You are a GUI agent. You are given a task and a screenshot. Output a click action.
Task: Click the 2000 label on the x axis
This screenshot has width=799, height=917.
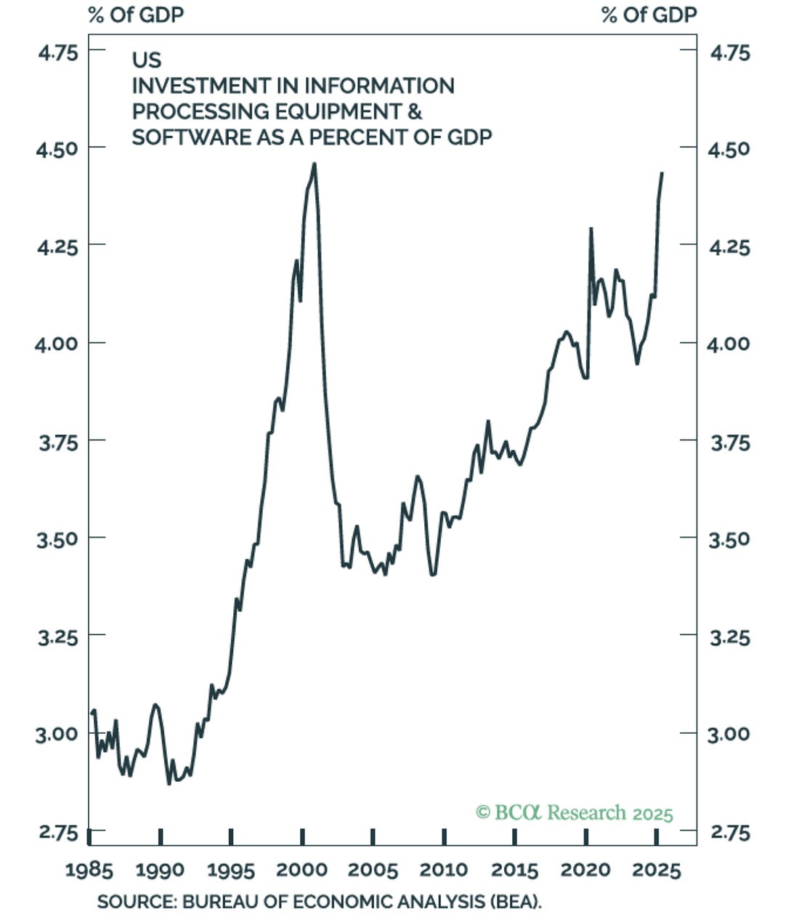(x=302, y=870)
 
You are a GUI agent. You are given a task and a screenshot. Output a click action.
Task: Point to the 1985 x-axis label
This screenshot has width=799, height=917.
(x=89, y=870)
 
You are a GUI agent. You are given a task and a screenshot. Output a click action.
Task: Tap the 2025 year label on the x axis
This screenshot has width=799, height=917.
(x=657, y=870)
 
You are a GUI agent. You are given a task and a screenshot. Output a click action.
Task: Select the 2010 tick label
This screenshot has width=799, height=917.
(x=444, y=870)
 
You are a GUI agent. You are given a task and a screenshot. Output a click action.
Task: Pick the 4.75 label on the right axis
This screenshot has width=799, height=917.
(x=729, y=52)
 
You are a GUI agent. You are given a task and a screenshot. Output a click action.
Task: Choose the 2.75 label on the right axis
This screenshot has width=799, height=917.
(x=729, y=832)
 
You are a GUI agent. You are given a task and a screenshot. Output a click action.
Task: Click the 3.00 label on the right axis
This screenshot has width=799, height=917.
(x=729, y=733)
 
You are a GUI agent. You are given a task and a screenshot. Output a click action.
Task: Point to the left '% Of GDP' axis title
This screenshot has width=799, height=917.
(x=136, y=15)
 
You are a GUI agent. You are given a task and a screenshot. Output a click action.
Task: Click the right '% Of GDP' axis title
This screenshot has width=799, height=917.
(x=649, y=15)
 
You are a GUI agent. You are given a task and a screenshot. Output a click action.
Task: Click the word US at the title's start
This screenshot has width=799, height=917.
(x=146, y=60)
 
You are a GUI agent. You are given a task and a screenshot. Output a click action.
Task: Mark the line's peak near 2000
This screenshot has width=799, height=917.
(x=314, y=163)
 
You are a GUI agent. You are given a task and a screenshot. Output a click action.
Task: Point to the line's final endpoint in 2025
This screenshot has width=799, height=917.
(x=662, y=173)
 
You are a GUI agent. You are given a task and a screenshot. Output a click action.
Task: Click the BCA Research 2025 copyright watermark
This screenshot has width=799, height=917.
(x=574, y=812)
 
